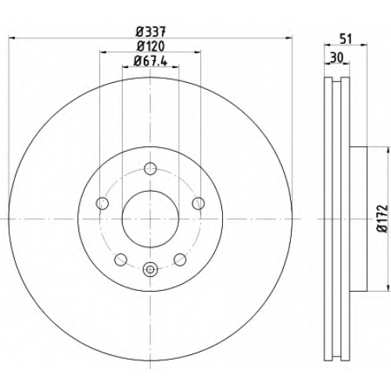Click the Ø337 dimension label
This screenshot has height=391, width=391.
151,32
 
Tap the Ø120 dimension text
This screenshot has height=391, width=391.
151,47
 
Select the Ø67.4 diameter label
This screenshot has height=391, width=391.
150,62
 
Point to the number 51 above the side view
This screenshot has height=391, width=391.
346,39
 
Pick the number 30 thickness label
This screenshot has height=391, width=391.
336,58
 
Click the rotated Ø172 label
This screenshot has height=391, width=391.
384,218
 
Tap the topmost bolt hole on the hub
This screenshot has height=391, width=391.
150,169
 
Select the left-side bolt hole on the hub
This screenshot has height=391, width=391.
102,203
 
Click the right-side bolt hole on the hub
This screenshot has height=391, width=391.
199,203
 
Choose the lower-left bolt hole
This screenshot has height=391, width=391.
120,260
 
